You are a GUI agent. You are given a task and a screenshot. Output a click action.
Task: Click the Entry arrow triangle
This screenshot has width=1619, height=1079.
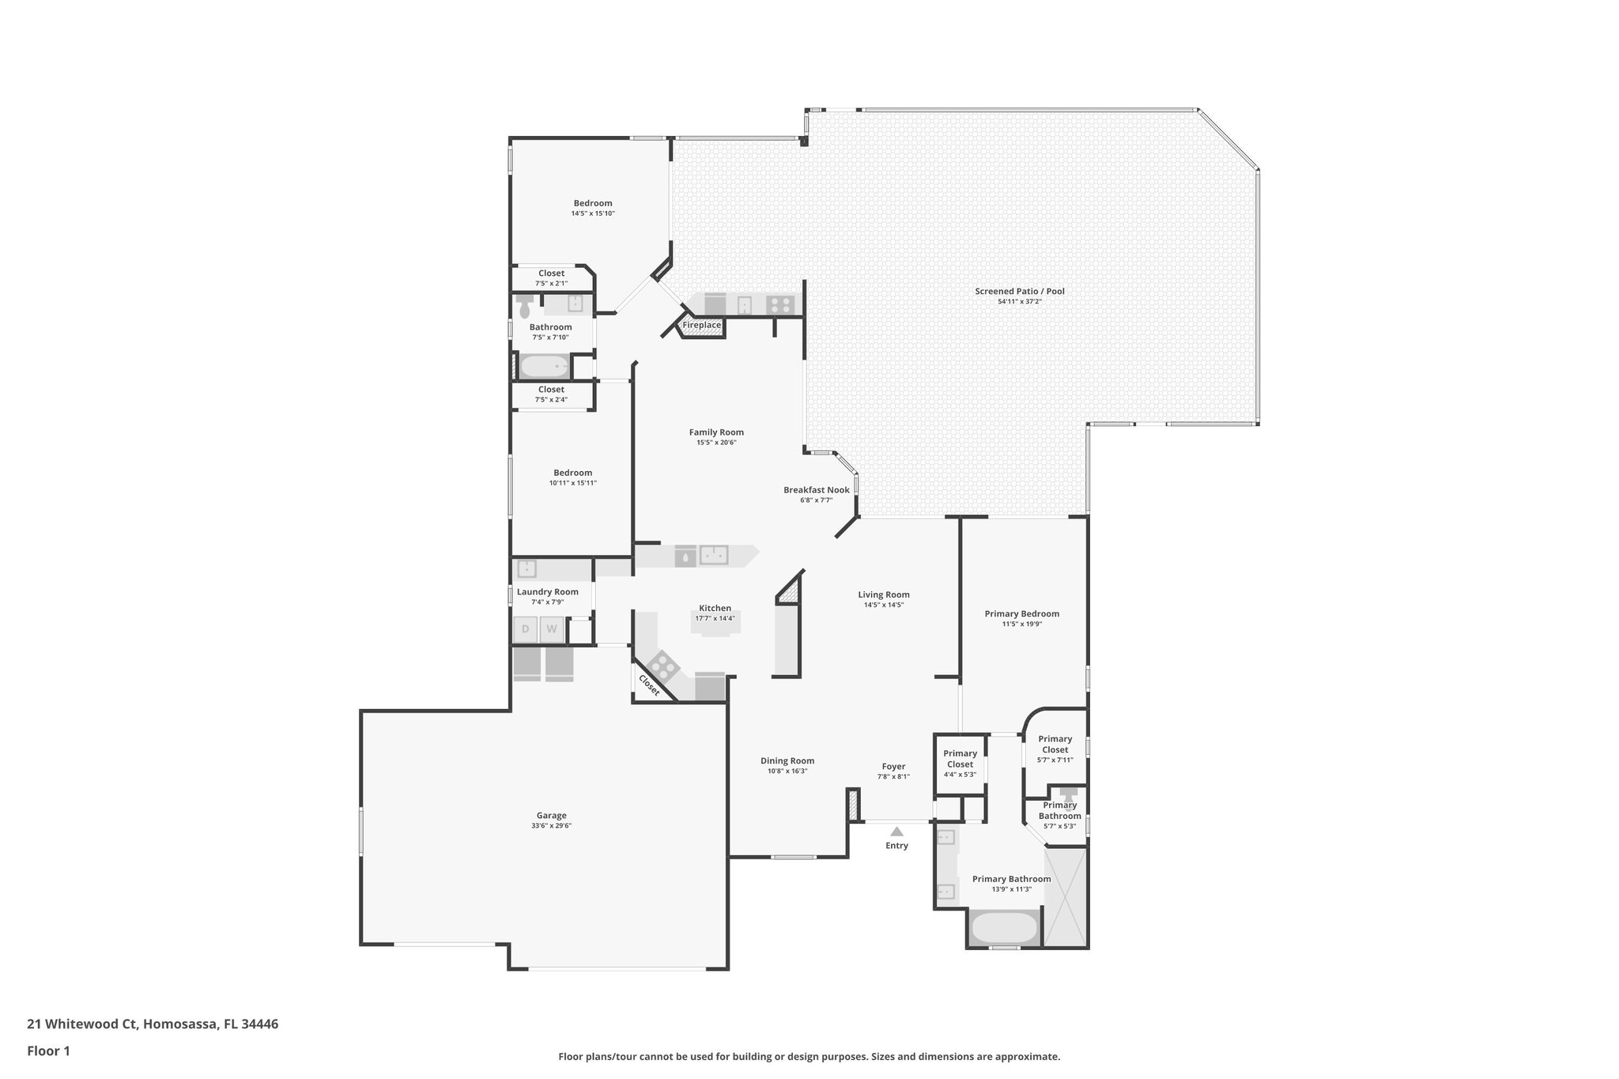[896, 831]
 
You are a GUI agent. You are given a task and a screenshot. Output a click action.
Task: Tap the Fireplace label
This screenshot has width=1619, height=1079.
[701, 325]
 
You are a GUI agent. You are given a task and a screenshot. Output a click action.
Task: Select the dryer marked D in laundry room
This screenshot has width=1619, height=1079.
[525, 629]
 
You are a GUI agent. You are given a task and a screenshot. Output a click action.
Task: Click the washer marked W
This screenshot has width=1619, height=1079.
[552, 629]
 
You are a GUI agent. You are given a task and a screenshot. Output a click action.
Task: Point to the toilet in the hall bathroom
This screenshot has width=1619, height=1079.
[525, 307]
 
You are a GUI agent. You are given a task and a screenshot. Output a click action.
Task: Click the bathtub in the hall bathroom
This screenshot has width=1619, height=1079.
[545, 367]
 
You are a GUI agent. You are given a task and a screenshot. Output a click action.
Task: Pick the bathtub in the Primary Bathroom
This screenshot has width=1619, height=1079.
[1004, 927]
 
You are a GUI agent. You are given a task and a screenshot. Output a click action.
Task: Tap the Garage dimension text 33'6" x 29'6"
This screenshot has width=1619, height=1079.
[551, 825]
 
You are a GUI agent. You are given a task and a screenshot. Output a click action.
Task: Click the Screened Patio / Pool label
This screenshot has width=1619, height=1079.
[1019, 291]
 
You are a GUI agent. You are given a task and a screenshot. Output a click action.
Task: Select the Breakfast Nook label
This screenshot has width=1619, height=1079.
[816, 489]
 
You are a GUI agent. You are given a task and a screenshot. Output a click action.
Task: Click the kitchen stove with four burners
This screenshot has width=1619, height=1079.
[662, 666]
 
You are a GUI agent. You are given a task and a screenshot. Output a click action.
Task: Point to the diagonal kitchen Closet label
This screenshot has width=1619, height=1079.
[649, 685]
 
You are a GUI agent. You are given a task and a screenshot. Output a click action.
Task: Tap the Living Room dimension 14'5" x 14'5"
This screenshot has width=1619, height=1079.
[883, 605]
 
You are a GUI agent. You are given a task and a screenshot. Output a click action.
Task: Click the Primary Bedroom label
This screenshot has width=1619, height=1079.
[1021, 613]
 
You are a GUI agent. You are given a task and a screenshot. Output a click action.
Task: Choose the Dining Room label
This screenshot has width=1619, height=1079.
[787, 760]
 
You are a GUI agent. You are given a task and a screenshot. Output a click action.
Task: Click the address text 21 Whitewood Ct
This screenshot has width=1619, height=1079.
[82, 1024]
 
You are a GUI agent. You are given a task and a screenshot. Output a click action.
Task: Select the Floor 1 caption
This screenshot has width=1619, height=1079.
[48, 1051]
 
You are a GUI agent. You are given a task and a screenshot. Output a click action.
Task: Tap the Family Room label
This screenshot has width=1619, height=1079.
[715, 432]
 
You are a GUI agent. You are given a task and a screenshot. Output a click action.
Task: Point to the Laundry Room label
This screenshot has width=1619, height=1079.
[547, 591]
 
